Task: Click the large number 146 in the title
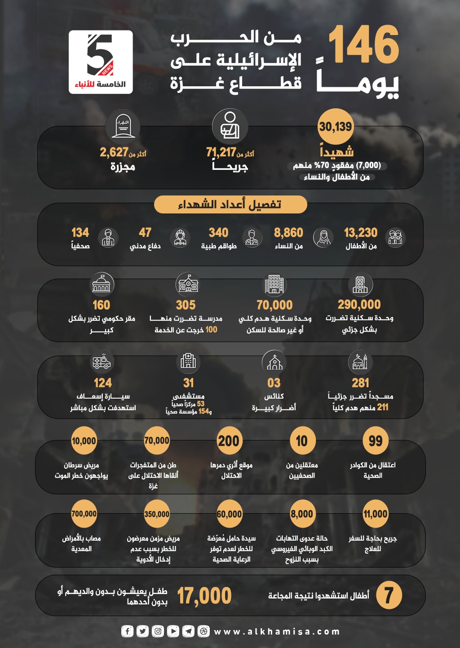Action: click(363, 44)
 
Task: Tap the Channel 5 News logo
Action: click(101, 62)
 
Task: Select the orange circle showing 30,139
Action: click(336, 127)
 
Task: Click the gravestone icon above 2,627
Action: click(123, 127)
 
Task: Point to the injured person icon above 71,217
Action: click(230, 126)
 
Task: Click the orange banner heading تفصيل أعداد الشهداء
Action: click(230, 204)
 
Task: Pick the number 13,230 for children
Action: click(361, 233)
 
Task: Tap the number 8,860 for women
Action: click(288, 233)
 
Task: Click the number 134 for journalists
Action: click(80, 233)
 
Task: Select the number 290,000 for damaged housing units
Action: click(359, 305)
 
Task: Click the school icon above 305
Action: click(188, 284)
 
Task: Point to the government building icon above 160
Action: click(102, 284)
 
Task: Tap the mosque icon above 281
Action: click(360, 362)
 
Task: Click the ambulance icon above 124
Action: click(102, 362)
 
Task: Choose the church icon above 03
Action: click(274, 362)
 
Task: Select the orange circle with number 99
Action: click(375, 441)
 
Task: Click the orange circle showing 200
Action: click(229, 441)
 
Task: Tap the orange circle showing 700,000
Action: click(84, 514)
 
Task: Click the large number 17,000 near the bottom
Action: click(204, 596)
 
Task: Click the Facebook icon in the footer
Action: click(128, 631)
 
